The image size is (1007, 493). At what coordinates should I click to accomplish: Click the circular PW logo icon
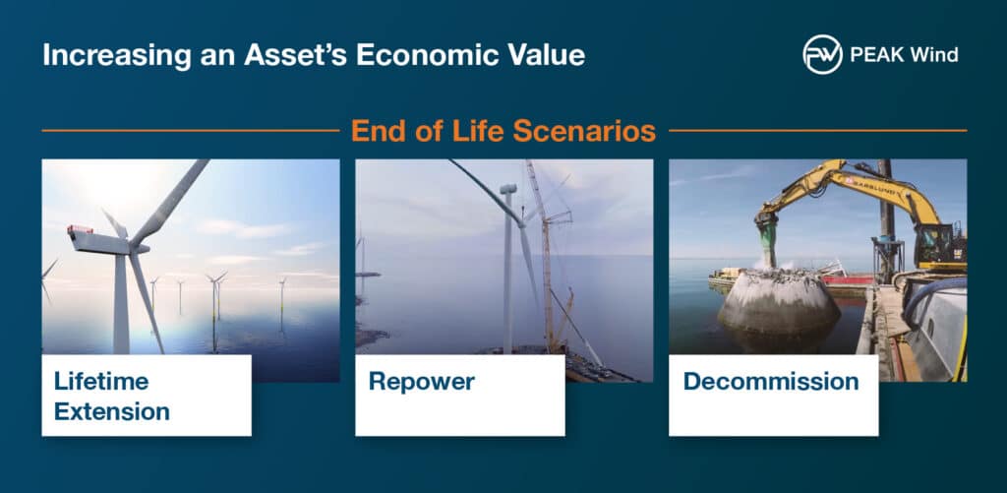click(822, 55)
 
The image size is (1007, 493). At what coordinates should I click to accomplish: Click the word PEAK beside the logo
click(874, 55)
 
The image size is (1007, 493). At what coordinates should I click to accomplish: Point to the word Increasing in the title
click(117, 56)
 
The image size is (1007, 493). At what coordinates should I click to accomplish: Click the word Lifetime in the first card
click(101, 381)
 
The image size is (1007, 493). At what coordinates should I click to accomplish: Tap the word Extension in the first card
click(112, 411)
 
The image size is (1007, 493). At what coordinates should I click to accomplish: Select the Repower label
click(421, 381)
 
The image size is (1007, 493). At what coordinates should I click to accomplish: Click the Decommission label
click(771, 381)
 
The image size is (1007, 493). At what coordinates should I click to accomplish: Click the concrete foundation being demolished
click(779, 302)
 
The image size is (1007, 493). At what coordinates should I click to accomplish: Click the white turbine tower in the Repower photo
click(508, 269)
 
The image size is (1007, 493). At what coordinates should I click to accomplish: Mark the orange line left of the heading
click(191, 131)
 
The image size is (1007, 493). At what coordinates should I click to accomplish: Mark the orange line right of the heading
click(817, 131)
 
